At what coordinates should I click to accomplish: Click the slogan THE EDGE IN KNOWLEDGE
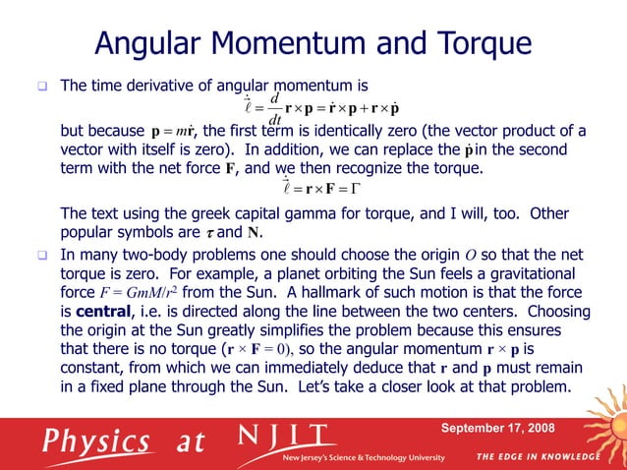point(539,457)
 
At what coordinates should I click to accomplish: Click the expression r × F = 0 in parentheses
point(254,349)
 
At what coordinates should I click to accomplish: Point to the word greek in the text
point(186,213)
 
